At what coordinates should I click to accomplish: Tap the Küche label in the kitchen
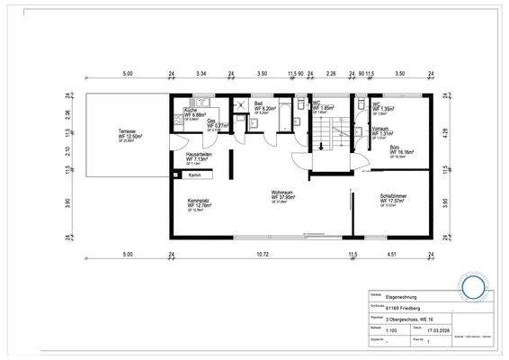191,111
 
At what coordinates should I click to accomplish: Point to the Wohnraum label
285,192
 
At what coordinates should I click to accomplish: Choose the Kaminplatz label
197,201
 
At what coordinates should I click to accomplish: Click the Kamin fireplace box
194,175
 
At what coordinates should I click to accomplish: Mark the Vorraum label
380,128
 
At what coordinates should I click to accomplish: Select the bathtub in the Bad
284,116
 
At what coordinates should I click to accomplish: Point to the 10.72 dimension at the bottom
263,255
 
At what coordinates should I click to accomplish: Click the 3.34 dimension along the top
201,73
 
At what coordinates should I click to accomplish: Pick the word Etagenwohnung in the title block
402,296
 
